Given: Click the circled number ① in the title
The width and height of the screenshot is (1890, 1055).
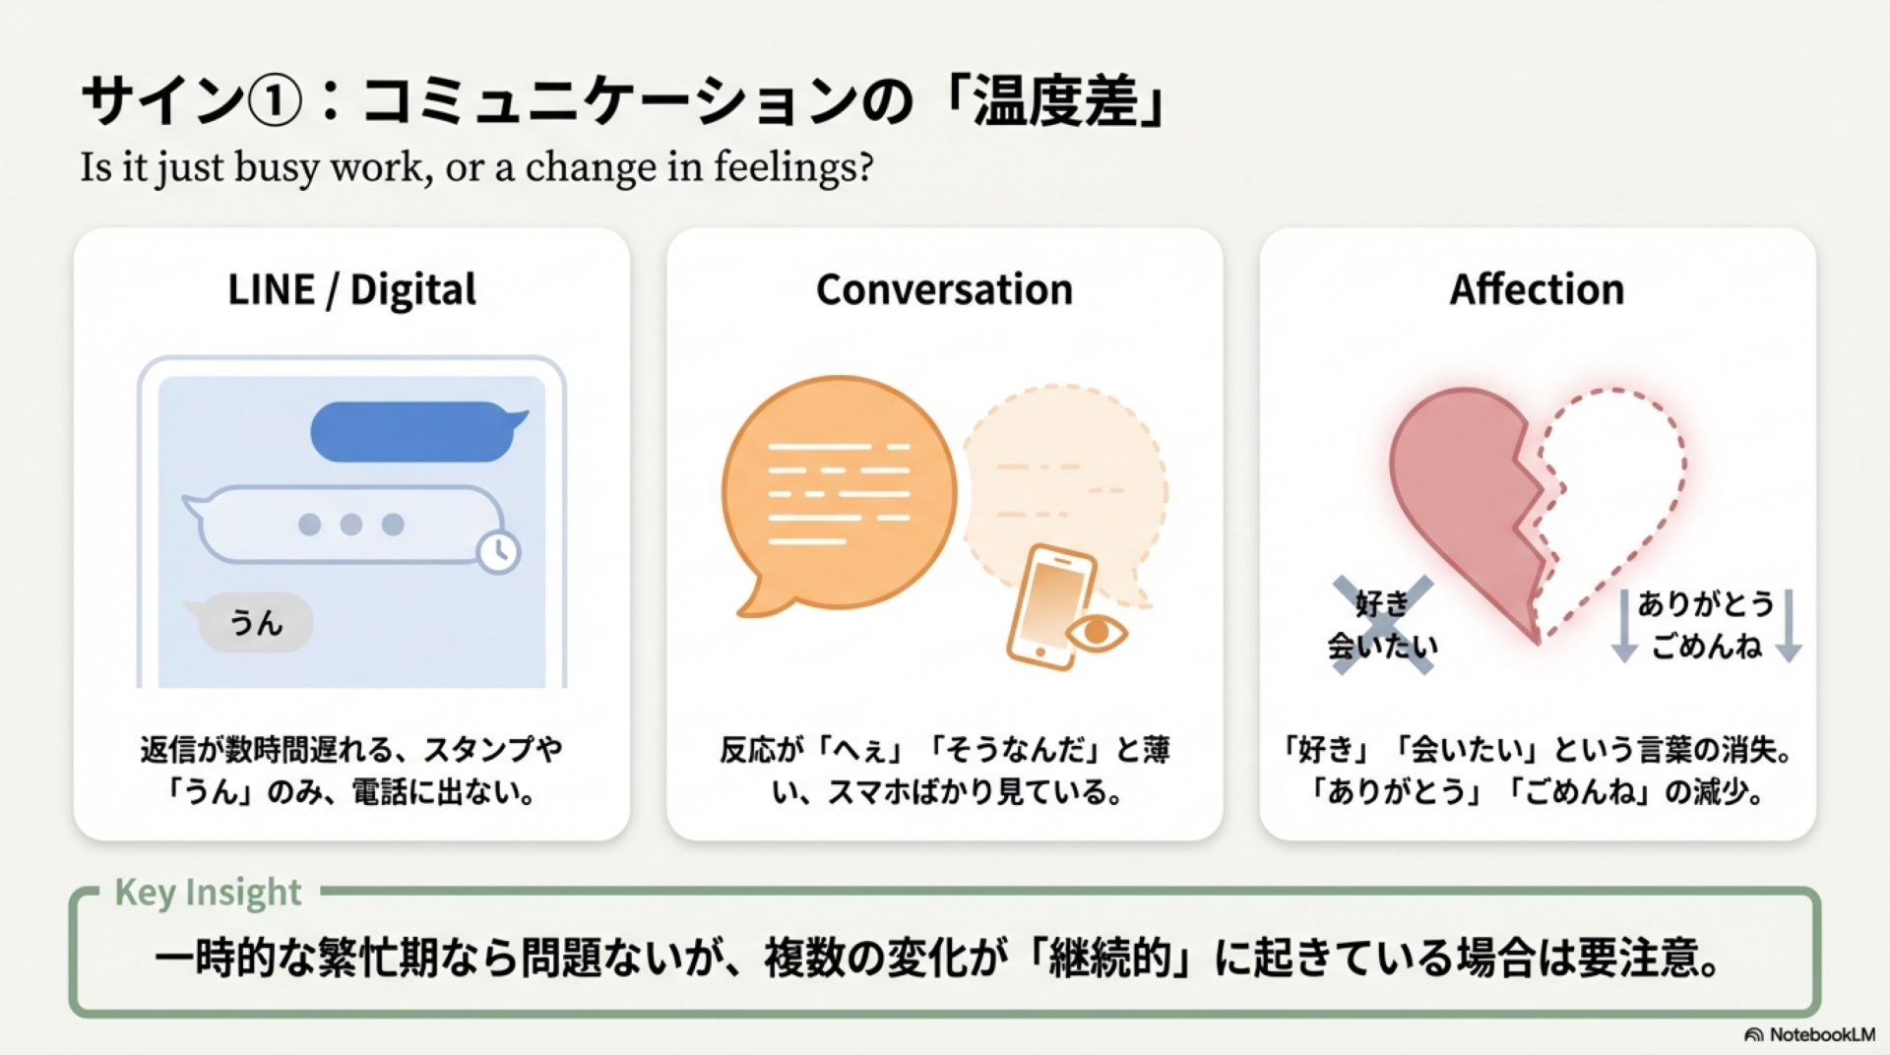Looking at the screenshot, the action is pyautogui.click(x=274, y=101).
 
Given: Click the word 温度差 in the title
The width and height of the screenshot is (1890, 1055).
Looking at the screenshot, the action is pyautogui.click(x=1055, y=101).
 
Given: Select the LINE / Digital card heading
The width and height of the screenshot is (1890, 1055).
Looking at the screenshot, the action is pyautogui.click(x=351, y=290).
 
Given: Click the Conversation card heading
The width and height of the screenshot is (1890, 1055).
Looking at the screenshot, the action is pyautogui.click(x=944, y=289).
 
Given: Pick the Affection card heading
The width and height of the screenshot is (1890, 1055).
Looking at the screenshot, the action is pyautogui.click(x=1537, y=289).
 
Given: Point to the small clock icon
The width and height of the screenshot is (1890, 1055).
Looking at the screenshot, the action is pyautogui.click(x=498, y=552).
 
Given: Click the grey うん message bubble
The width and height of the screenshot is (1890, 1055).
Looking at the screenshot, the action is pyautogui.click(x=254, y=622).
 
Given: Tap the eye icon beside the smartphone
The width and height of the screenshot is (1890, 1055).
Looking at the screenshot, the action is pyautogui.click(x=1097, y=633).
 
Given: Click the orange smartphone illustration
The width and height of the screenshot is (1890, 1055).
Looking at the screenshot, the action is pyautogui.click(x=1050, y=606).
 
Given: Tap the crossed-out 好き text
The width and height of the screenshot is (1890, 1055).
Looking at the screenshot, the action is pyautogui.click(x=1382, y=603).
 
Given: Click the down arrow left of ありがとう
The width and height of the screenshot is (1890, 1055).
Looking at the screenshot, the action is pyautogui.click(x=1624, y=626).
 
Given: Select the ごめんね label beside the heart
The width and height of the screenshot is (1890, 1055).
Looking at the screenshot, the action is pyautogui.click(x=1706, y=646).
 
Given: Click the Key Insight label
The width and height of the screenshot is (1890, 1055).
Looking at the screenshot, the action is pyautogui.click(x=208, y=892).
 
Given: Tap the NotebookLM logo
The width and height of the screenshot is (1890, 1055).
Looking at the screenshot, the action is pyautogui.click(x=1809, y=1034).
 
